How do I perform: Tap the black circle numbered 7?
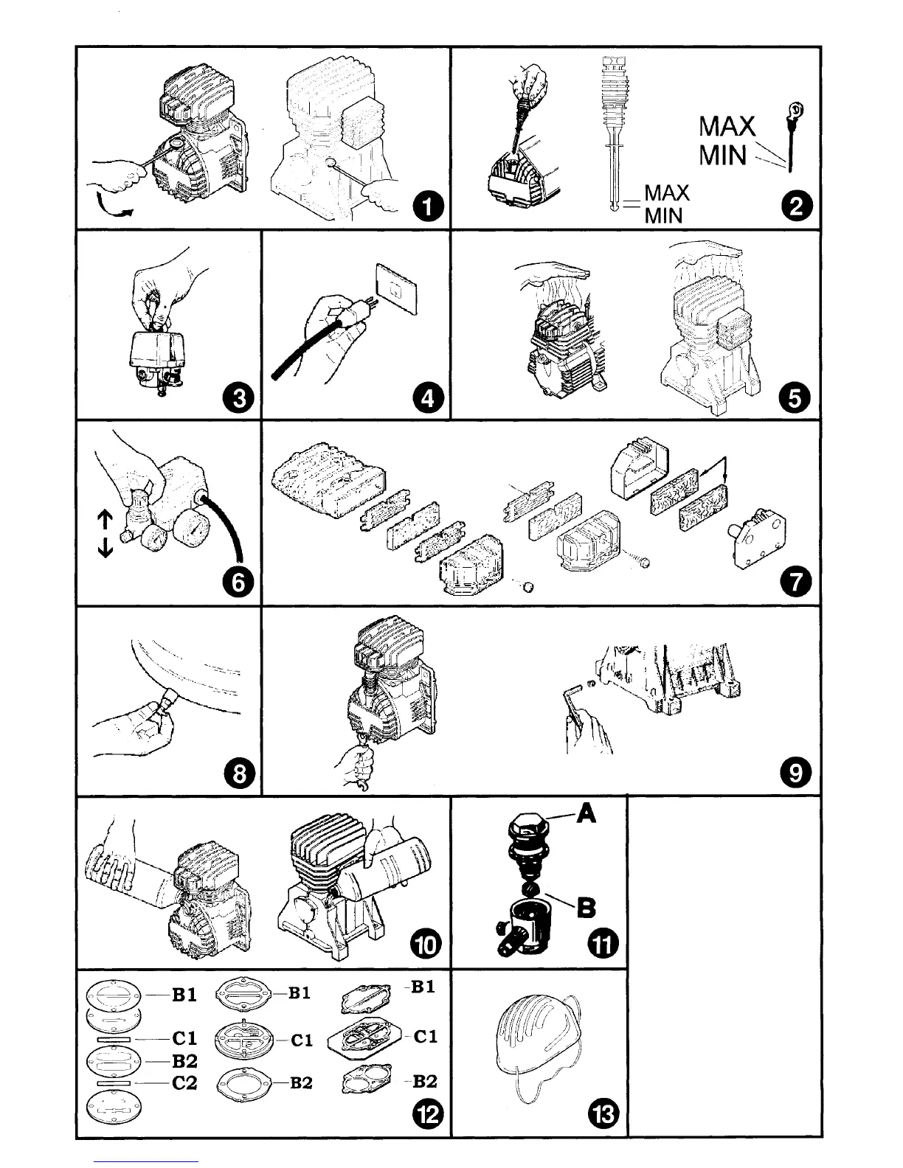point(796,583)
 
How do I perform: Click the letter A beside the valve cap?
point(586,813)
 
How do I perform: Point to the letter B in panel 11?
point(586,908)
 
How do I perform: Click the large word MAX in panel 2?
point(727,126)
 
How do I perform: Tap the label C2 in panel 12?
point(184,1083)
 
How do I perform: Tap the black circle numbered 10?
point(428,943)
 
